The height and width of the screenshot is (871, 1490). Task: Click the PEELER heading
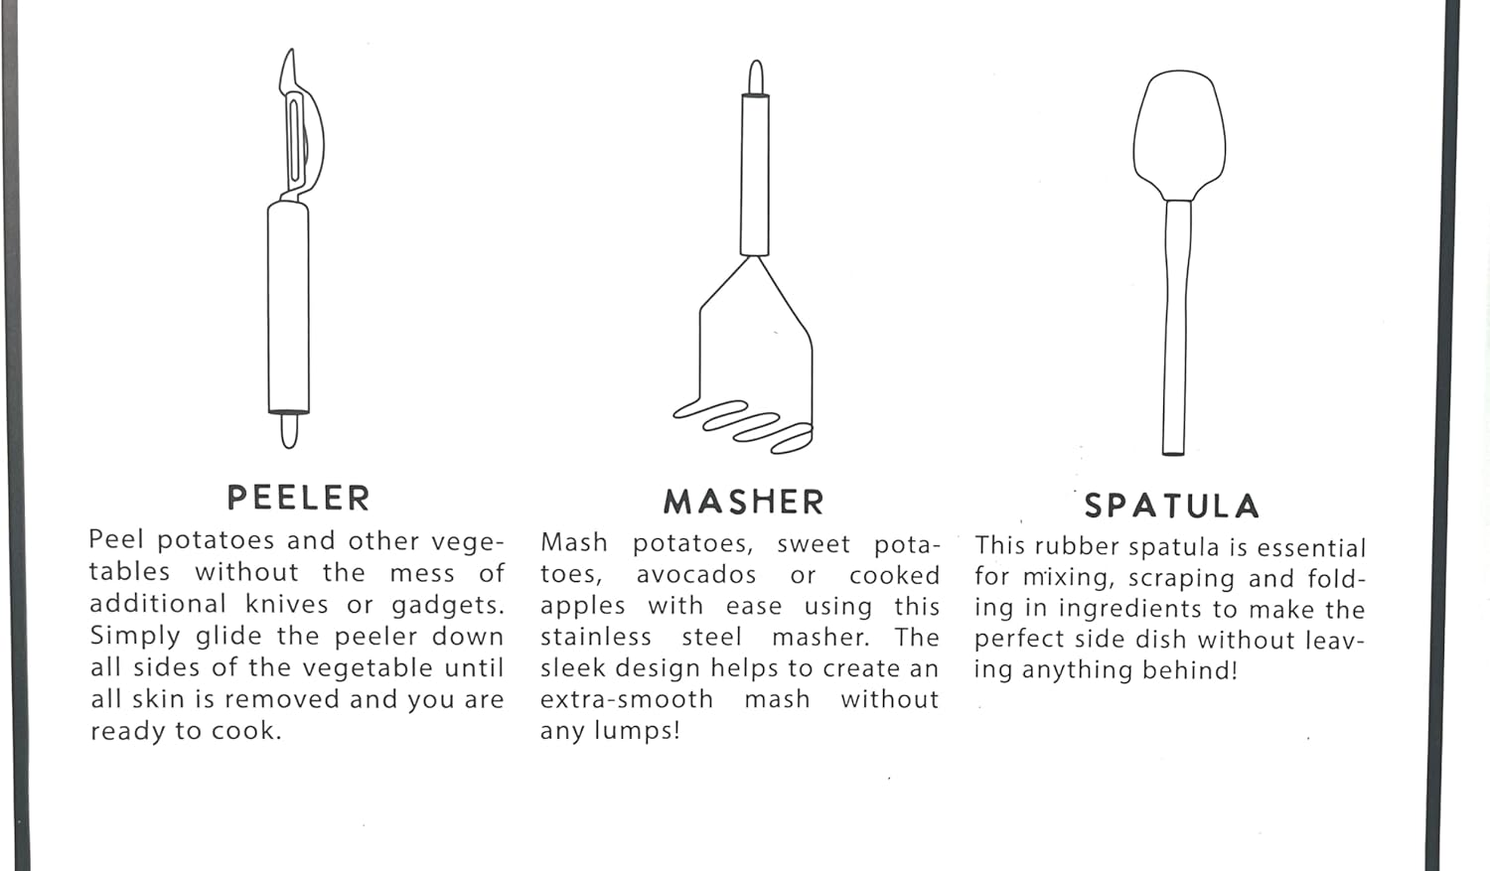pyautogui.click(x=299, y=498)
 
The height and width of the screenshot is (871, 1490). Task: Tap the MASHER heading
pyautogui.click(x=744, y=502)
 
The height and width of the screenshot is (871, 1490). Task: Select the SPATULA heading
pyautogui.click(x=1172, y=506)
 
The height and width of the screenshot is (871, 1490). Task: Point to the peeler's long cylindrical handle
pyautogui.click(x=289, y=307)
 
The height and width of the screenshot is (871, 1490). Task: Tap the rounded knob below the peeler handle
pyautogui.click(x=289, y=431)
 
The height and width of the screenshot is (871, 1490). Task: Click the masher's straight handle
pyautogui.click(x=755, y=175)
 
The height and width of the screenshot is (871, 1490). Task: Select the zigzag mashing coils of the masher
pyautogui.click(x=743, y=426)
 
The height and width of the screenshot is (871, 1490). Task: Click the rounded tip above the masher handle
pyautogui.click(x=756, y=77)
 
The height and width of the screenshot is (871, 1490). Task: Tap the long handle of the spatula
pyautogui.click(x=1176, y=328)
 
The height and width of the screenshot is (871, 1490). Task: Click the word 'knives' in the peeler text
pyautogui.click(x=287, y=604)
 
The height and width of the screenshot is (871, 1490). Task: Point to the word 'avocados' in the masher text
pyautogui.click(x=696, y=574)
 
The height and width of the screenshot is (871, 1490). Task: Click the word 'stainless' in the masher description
pyautogui.click(x=595, y=637)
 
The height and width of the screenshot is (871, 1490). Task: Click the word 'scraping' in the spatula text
pyautogui.click(x=1181, y=579)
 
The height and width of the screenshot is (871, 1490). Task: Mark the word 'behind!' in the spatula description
pyautogui.click(x=1190, y=669)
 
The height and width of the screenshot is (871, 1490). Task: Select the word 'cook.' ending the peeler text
pyautogui.click(x=246, y=731)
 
